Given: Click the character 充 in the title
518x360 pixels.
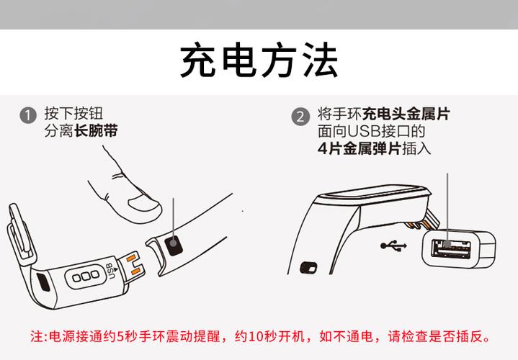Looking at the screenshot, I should pos(198,61).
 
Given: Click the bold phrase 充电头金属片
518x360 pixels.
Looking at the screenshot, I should pos(406,114).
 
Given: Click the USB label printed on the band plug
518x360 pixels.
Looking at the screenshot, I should pos(110,274).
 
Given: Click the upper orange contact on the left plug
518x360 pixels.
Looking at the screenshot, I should pos(133,260).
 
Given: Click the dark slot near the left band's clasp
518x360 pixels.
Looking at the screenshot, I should pos(42,282).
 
